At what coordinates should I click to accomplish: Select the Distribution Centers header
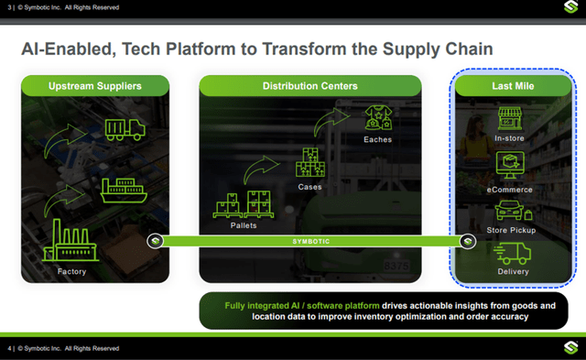click(310, 87)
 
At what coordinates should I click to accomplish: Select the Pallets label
click(243, 223)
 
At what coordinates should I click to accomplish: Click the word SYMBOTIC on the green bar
click(311, 242)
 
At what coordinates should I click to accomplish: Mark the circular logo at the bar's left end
click(157, 242)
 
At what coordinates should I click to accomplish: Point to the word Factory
click(71, 271)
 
